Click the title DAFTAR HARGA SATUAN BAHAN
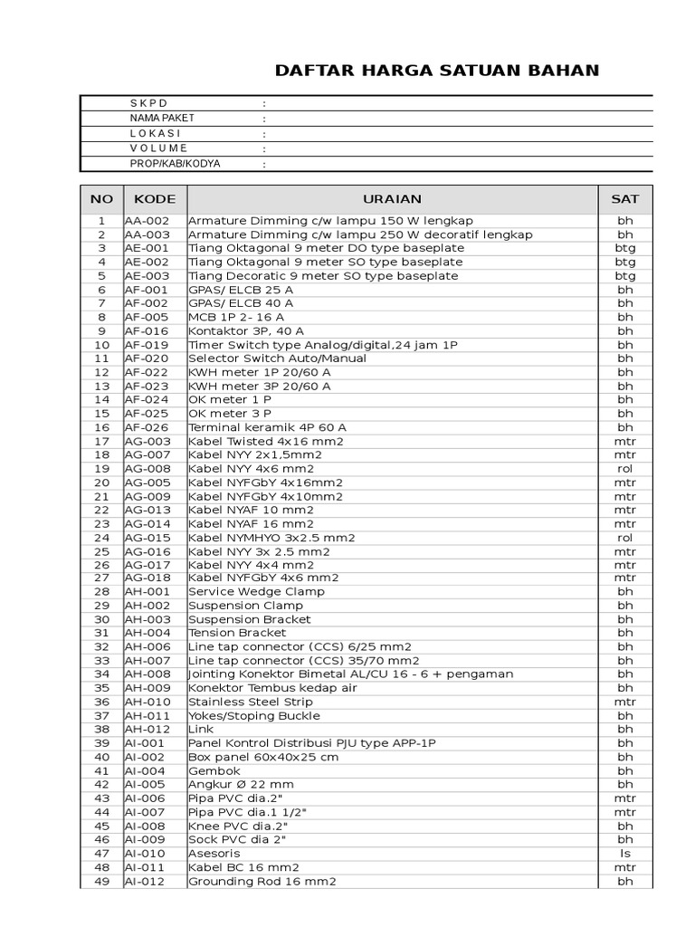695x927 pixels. tap(436, 71)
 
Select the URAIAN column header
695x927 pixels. tap(392, 199)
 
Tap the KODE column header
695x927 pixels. tap(155, 199)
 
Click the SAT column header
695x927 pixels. tap(625, 199)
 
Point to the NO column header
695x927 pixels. tap(101, 199)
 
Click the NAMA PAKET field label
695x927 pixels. tap(162, 119)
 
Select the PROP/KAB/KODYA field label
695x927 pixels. tap(175, 164)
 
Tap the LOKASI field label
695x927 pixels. tap(155, 133)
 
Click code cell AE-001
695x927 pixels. tap(145, 248)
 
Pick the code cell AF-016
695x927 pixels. tap(145, 331)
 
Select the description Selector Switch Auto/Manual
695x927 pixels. tap(277, 358)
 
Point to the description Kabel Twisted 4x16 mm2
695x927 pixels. tap(266, 441)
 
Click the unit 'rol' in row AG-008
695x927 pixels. tap(625, 469)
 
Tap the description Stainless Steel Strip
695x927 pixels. tap(251, 702)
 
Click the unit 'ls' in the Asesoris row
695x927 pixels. tap(625, 854)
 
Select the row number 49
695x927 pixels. tap(101, 881)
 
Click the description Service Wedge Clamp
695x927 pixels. tap(256, 591)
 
